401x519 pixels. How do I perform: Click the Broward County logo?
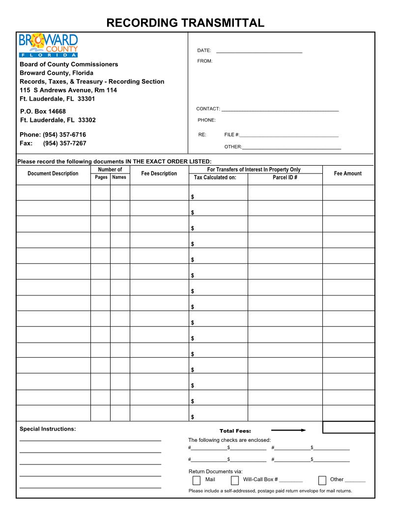click(48, 46)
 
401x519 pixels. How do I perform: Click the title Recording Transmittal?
click(185, 23)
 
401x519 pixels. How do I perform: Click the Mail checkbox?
click(197, 481)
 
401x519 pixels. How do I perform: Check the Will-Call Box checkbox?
click(235, 481)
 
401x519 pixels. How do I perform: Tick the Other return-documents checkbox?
click(322, 481)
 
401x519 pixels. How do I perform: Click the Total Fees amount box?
click(348, 428)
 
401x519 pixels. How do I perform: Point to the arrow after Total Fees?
click(288, 431)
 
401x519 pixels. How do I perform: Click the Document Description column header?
click(53, 173)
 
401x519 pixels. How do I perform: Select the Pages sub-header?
click(101, 177)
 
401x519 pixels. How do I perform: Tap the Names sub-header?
click(119, 177)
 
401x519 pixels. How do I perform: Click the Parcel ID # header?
click(285, 177)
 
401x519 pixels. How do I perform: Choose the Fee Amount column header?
click(347, 173)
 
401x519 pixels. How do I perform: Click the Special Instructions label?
click(48, 429)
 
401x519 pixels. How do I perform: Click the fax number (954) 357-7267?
click(64, 144)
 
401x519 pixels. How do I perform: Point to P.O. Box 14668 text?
click(43, 112)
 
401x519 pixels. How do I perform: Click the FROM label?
click(205, 61)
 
